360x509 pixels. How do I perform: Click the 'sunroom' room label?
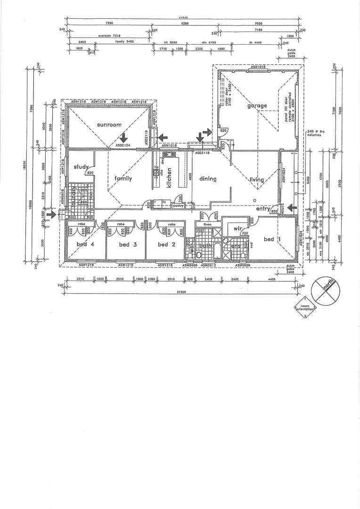coord(109,125)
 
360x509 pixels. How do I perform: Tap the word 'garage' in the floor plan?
coord(257,106)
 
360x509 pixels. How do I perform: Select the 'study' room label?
coord(82,167)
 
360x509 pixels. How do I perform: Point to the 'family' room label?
coord(123,179)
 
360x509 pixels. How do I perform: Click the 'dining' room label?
coord(207,179)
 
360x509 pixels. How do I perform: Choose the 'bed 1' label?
coord(270,239)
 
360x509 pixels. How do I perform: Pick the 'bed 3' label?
coord(124,244)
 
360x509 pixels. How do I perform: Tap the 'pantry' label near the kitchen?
coord(178,205)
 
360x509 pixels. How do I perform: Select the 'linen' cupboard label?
coord(207,224)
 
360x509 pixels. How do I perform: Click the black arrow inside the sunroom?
coord(123,137)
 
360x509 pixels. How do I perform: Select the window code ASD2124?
coord(123,146)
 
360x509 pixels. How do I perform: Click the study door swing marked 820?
coord(90,172)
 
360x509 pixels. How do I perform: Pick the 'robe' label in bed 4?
coord(81,224)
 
